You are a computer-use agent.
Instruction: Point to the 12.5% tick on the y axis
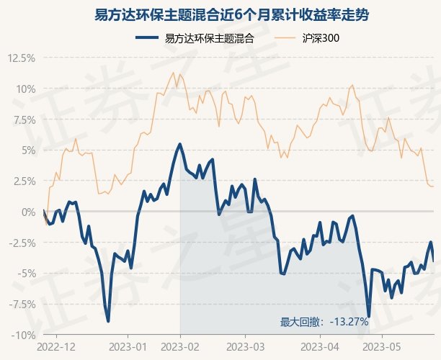pos(22,58)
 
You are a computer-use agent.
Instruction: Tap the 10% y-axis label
pos(25,89)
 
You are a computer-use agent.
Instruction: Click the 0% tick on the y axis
pos(28,212)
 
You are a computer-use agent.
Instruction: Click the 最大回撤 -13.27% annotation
pos(324,322)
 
